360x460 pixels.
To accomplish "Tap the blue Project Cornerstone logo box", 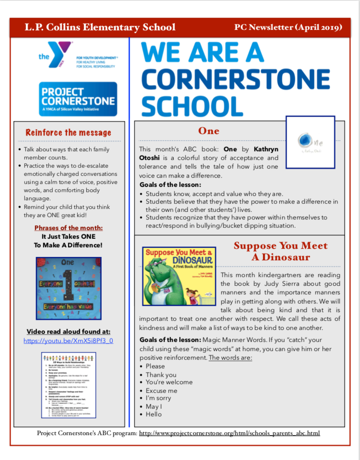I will click(x=78, y=98).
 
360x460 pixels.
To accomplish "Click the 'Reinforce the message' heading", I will click(x=68, y=133).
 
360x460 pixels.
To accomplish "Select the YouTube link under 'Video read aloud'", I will click(x=68, y=341).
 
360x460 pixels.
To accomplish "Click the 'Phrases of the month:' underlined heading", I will click(x=68, y=228).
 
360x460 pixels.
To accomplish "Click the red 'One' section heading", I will click(x=209, y=131).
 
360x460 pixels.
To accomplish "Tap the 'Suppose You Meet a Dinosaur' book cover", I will click(x=179, y=276).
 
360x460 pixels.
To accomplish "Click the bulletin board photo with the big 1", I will click(x=68, y=288).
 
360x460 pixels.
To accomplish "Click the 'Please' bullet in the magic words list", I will click(x=155, y=366).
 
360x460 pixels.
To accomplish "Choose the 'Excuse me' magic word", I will click(x=162, y=391).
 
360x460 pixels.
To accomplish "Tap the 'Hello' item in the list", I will click(x=154, y=414).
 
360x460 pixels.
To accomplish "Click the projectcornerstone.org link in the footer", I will click(x=229, y=434).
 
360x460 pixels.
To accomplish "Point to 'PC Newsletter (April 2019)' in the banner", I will click(x=288, y=27).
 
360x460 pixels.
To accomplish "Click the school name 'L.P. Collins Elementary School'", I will click(x=100, y=27).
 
